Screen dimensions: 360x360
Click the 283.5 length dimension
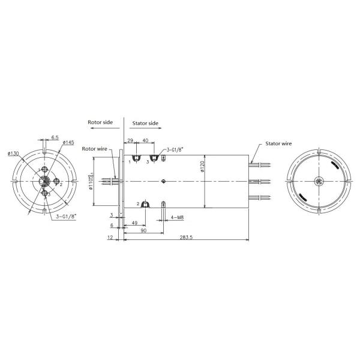coord(185,238)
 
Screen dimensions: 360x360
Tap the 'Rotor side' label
coord(100,122)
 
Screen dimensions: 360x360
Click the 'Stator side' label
coord(145,122)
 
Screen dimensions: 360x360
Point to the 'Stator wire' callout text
coord(278,145)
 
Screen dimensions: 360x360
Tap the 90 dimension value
coord(144,230)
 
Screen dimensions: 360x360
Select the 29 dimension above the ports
coord(131,140)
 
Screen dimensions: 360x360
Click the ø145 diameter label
coord(68,143)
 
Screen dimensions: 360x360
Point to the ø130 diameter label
coord(13,154)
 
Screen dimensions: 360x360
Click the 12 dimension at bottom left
coord(110,238)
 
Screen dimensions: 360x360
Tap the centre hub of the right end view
coord(319,181)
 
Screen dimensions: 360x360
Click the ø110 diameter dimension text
coord(91,179)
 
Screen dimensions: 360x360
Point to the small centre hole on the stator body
coord(164,181)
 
